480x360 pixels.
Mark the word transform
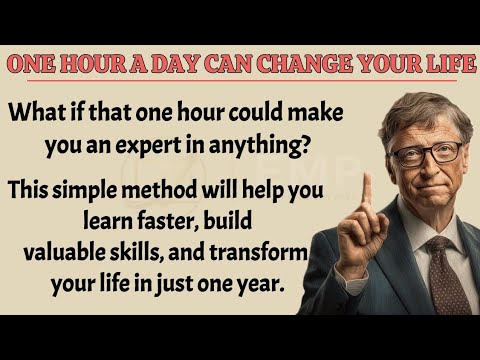click(x=282, y=250)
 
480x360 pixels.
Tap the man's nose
click(x=428, y=170)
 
